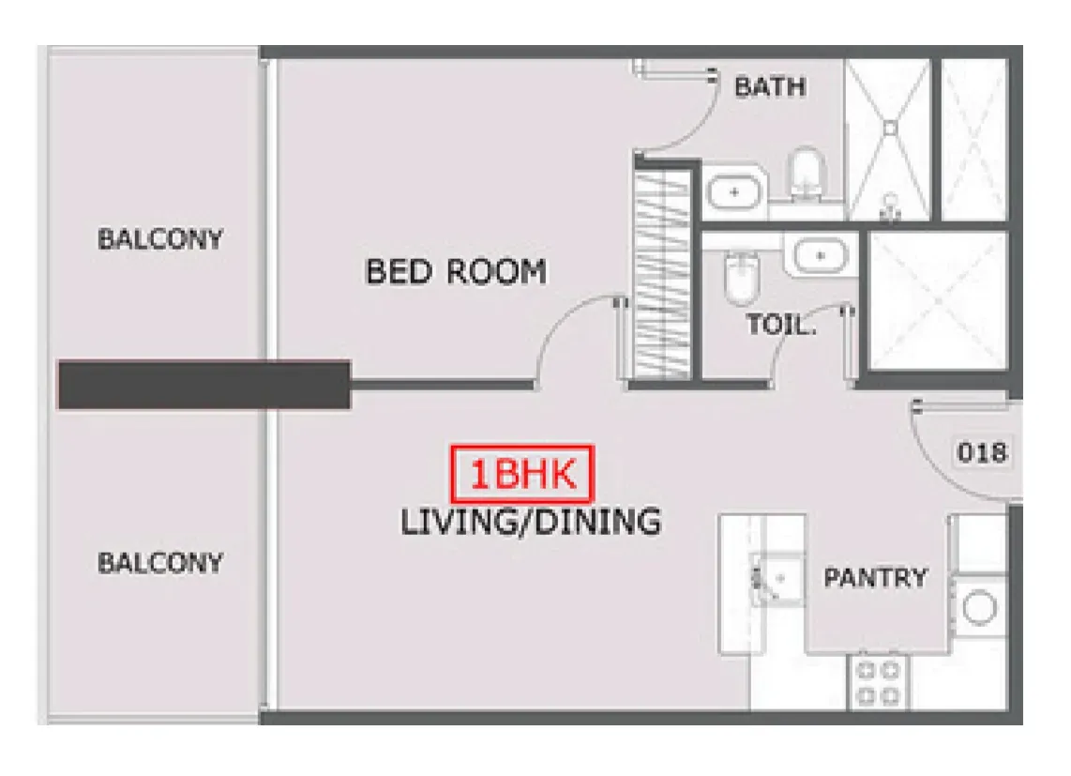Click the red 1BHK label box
(522, 473)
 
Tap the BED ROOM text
(457, 271)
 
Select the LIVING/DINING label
(531, 522)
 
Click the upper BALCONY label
(160, 239)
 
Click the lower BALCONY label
(160, 563)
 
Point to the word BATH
(770, 87)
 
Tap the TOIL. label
(780, 324)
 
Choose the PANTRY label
(876, 578)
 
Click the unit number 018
(982, 452)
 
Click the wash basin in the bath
(734, 192)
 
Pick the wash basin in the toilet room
(821, 256)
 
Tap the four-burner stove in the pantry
(879, 681)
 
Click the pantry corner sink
(777, 579)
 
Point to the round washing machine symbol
(979, 607)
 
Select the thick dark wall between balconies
(204, 385)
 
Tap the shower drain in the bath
(889, 129)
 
